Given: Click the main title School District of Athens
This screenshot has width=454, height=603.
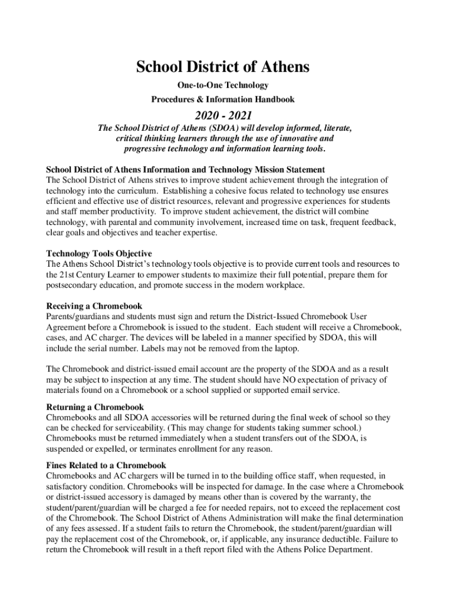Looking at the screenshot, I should (x=223, y=67).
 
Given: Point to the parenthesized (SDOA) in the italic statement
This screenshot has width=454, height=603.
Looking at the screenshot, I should (x=222, y=128).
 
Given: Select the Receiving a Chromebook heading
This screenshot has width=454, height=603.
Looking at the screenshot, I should (x=94, y=306).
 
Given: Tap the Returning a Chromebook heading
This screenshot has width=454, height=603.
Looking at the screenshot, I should (x=95, y=407).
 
